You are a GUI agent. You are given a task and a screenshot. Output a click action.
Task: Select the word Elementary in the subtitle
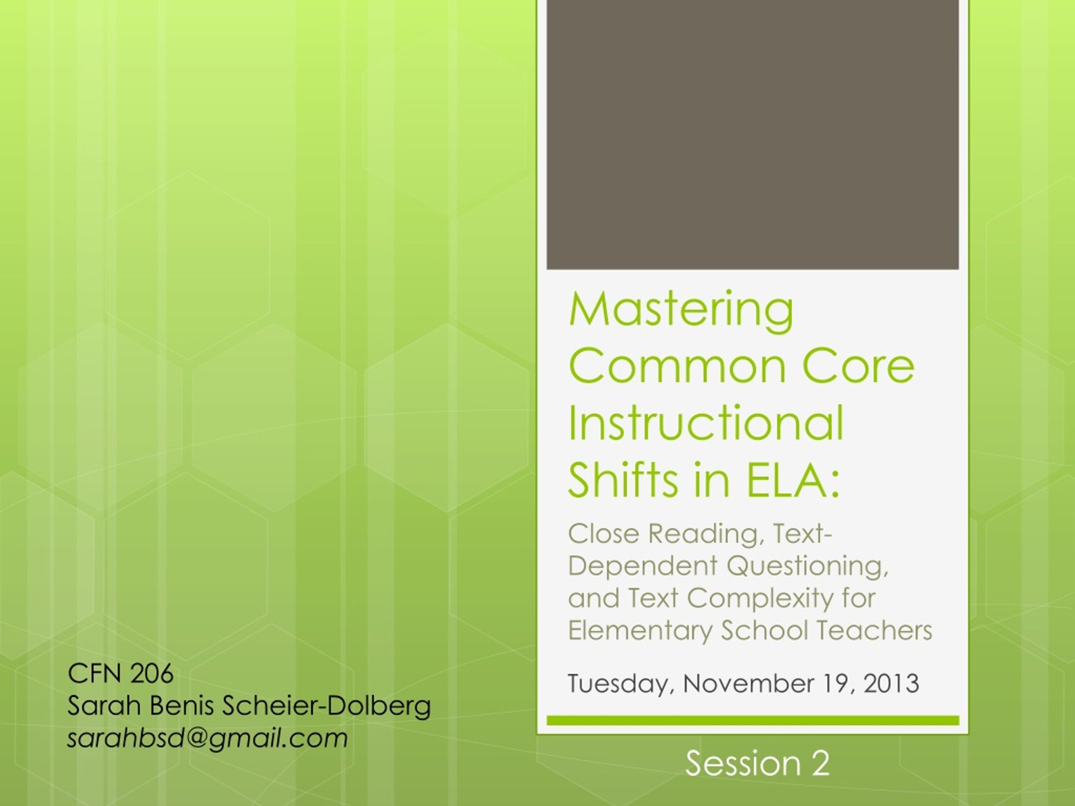click(640, 631)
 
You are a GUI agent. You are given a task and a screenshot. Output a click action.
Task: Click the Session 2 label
click(757, 763)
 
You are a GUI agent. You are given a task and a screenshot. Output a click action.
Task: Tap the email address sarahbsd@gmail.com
click(207, 738)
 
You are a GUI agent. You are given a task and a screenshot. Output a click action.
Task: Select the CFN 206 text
click(121, 673)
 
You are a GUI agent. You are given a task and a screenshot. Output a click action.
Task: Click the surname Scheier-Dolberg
click(327, 707)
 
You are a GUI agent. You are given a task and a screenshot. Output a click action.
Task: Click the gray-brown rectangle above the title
click(753, 135)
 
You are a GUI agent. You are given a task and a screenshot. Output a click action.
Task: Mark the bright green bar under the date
click(753, 720)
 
